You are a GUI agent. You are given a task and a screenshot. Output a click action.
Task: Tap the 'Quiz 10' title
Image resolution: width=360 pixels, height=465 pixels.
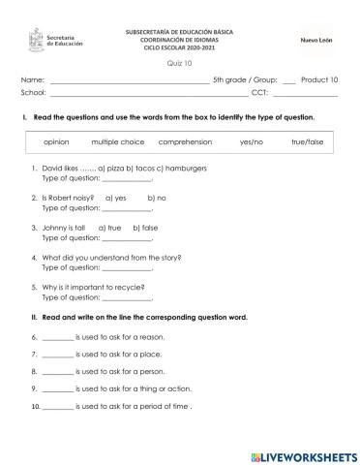(x=178, y=62)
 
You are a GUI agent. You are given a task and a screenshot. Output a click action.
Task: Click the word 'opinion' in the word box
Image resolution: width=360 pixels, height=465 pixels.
(x=56, y=141)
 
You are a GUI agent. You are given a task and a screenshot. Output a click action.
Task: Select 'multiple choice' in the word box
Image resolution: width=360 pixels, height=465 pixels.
(x=118, y=141)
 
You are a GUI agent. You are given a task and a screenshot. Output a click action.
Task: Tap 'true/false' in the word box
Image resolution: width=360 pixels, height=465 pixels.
(x=308, y=141)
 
